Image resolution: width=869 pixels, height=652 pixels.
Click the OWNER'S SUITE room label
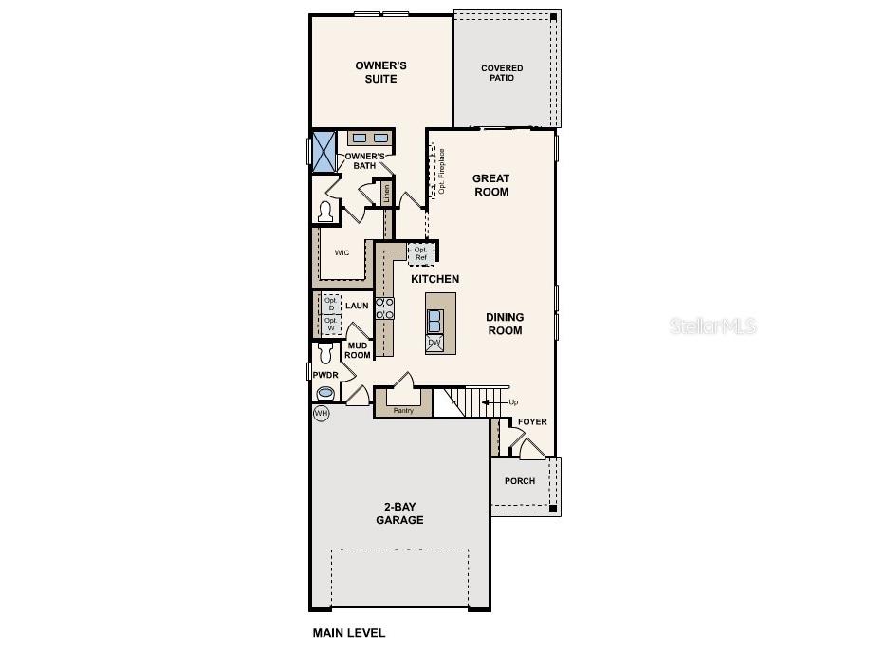(x=381, y=72)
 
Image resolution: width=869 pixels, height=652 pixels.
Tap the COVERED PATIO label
(x=502, y=73)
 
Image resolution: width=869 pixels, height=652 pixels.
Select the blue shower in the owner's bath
(x=324, y=151)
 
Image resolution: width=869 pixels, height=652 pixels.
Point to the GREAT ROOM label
(x=491, y=185)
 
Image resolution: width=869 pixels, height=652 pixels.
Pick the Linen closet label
(x=387, y=193)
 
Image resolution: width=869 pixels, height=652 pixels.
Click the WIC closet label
(x=342, y=253)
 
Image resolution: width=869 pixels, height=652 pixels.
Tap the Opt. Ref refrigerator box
(x=421, y=253)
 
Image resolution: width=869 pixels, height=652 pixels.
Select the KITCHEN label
(x=434, y=279)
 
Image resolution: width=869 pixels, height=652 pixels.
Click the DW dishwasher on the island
(x=434, y=343)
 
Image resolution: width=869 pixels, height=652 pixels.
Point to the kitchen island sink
(x=434, y=319)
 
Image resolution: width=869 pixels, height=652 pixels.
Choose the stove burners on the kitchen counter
(x=384, y=308)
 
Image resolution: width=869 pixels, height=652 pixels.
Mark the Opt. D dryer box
(x=331, y=304)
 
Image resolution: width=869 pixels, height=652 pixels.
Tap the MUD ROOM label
(x=357, y=350)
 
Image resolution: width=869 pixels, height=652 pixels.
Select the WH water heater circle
(x=322, y=414)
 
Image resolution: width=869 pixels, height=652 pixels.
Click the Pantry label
(x=404, y=411)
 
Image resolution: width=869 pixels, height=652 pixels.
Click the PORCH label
(x=520, y=481)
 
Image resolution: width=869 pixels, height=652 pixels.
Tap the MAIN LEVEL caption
(x=349, y=633)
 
